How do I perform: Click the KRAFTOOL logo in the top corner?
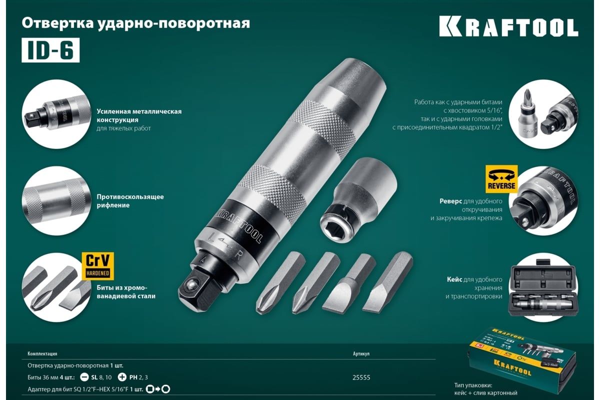point(508,26)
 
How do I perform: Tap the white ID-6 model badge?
point(50,50)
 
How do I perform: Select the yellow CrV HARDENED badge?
point(98,265)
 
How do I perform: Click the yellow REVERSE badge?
point(501,179)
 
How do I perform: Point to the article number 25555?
point(361,377)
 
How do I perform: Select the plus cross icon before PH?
point(121,377)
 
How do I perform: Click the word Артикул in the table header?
point(361,353)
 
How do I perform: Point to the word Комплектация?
point(42,353)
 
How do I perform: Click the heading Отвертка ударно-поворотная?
point(135,23)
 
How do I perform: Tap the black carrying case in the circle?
point(543,290)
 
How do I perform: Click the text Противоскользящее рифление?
point(130,201)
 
